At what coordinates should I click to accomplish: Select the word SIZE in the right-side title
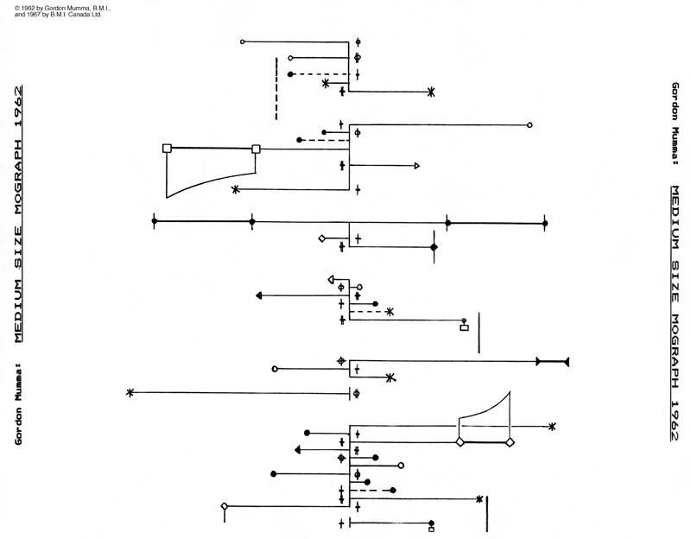(675, 281)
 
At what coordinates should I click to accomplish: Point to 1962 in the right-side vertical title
(675, 419)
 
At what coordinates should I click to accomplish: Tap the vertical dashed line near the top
(276, 88)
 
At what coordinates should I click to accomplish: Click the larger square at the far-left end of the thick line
(167, 148)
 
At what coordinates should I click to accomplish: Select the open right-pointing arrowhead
(417, 166)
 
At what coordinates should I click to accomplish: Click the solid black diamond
(434, 247)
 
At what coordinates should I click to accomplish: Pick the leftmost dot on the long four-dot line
(155, 221)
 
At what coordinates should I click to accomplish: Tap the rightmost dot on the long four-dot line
(545, 224)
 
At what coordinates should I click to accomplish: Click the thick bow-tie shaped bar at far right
(552, 362)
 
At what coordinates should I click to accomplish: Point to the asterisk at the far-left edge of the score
(130, 392)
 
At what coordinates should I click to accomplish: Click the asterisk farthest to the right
(552, 426)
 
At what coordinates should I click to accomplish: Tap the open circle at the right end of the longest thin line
(529, 125)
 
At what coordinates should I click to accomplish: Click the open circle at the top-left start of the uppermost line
(243, 41)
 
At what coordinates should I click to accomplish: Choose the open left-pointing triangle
(331, 279)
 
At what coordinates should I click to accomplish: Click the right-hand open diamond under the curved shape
(510, 442)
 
